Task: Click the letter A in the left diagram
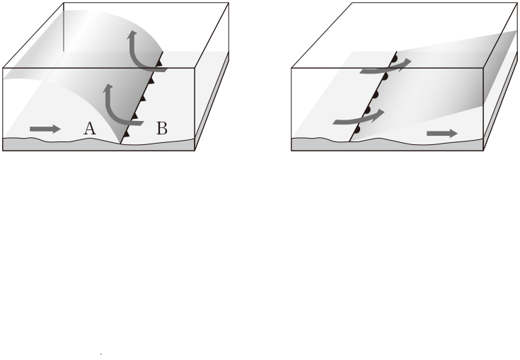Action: tap(90, 129)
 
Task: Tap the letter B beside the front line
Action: tap(162, 129)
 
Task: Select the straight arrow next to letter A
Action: tap(45, 129)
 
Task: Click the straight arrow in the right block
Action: tap(442, 133)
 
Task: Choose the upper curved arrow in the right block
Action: tap(386, 66)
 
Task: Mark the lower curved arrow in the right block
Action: tap(359, 117)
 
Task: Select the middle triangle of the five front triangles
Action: tap(143, 98)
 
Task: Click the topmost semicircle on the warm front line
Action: tap(394, 59)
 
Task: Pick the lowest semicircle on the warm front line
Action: tap(357, 129)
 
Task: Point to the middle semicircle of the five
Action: tap(376, 95)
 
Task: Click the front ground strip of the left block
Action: tap(99, 144)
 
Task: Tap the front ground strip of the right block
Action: tap(388, 144)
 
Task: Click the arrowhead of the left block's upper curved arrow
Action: tap(133, 34)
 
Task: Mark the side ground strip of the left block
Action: tap(212, 101)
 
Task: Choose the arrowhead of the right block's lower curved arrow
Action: tap(380, 115)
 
